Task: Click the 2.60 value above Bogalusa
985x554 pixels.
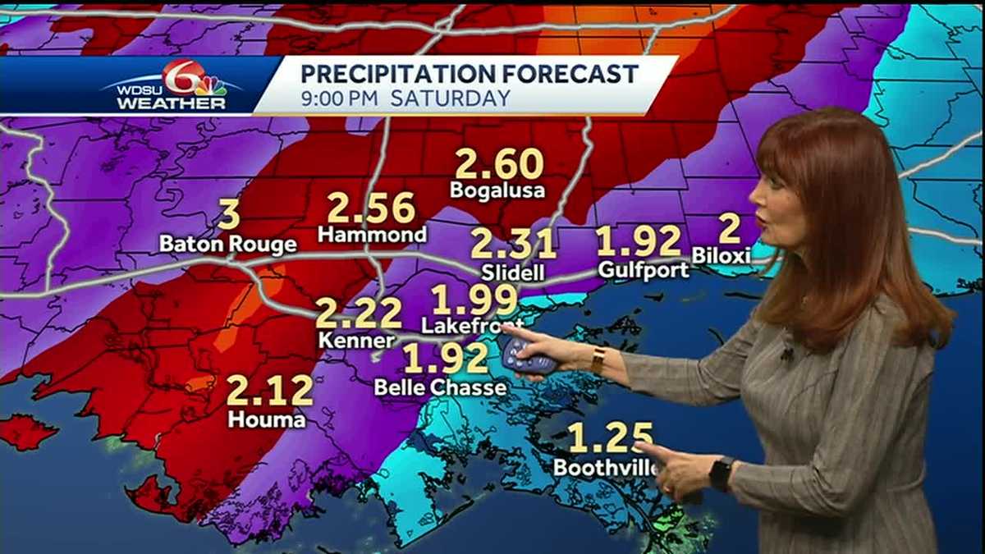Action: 499,163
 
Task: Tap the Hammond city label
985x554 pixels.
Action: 372,235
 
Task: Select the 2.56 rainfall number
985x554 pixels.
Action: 371,208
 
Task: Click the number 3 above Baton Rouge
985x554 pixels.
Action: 229,215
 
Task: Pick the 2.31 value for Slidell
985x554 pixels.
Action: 513,245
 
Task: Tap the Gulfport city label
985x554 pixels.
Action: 644,269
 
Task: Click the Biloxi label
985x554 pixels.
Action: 722,255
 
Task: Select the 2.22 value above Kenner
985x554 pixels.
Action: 359,314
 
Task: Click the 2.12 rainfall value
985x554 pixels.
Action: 269,391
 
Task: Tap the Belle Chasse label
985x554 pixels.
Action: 441,387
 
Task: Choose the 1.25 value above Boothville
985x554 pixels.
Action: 611,438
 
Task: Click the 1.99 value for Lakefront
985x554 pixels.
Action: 475,300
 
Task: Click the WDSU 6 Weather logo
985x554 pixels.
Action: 172,85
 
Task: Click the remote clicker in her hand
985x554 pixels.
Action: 525,354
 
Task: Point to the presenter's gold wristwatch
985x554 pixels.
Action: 598,359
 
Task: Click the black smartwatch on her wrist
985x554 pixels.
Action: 722,474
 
